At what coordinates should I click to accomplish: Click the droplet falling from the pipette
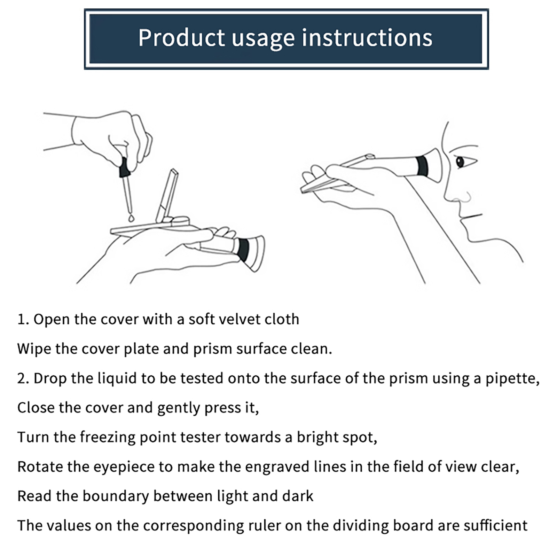(x=131, y=218)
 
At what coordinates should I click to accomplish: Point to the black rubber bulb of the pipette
(x=124, y=167)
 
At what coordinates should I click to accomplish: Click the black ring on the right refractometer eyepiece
(x=422, y=166)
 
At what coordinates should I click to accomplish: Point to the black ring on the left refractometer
(x=242, y=249)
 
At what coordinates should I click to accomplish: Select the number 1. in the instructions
(x=23, y=319)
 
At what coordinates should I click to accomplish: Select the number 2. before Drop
(x=23, y=378)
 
